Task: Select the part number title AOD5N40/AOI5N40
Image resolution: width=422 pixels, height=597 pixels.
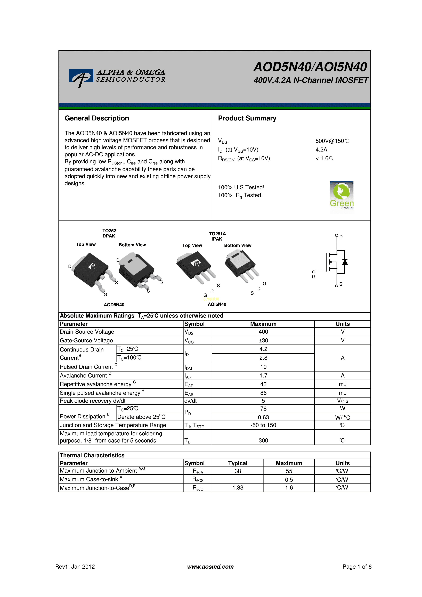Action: click(x=310, y=67)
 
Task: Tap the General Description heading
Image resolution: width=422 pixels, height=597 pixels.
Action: click(x=97, y=118)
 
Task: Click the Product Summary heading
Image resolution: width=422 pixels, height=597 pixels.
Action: click(x=247, y=118)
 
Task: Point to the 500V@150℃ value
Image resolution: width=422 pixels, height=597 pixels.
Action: click(x=332, y=141)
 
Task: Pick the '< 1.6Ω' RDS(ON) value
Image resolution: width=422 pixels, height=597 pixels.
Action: click(x=324, y=158)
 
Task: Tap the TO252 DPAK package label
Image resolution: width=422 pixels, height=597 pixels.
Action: click(x=109, y=233)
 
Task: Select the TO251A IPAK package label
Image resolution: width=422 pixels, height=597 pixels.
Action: click(x=217, y=236)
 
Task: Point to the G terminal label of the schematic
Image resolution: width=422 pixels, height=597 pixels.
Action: click(x=314, y=277)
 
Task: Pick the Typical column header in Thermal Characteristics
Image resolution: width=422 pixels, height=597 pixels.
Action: click(x=238, y=463)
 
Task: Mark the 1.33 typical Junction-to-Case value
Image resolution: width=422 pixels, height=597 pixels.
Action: click(x=238, y=488)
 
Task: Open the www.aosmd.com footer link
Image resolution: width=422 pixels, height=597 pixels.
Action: click(x=210, y=567)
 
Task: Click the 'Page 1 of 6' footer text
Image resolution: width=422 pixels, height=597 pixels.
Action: click(x=357, y=567)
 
